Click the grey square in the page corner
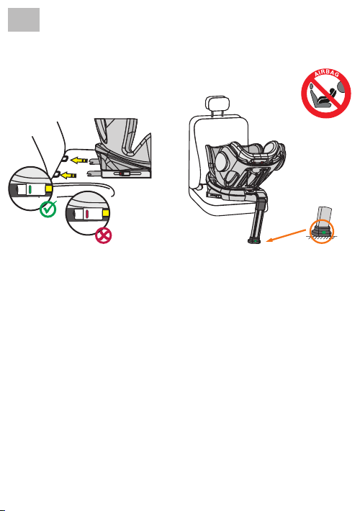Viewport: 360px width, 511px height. tap(24, 20)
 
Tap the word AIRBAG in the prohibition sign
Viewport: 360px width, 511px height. tap(326, 73)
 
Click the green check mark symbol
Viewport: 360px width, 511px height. tap(48, 209)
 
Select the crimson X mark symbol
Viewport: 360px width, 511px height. tap(104, 235)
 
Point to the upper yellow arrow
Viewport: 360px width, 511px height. tap(79, 160)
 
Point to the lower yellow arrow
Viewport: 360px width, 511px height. tap(68, 176)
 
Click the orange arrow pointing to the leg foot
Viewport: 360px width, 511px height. tap(287, 235)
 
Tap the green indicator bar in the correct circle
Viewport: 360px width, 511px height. tap(30, 189)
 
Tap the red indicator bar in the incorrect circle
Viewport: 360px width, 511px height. tap(87, 214)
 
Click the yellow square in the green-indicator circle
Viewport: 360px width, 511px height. tap(49, 189)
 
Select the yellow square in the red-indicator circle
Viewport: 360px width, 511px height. tap(106, 214)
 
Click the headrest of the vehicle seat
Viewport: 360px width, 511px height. tap(217, 103)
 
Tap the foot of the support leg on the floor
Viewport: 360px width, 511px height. tap(255, 241)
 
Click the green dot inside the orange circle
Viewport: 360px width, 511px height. tap(324, 232)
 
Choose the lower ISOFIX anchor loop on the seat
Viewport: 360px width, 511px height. tap(55, 175)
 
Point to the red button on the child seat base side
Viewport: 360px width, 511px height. tap(121, 173)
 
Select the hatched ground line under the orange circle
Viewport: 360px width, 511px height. tap(322, 238)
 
